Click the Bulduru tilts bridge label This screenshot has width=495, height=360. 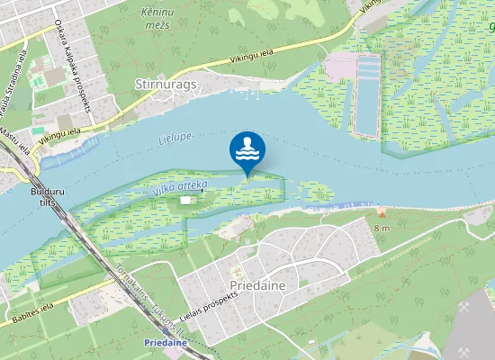pyautogui.click(x=41, y=198)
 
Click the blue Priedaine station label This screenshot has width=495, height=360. pyautogui.click(x=164, y=343)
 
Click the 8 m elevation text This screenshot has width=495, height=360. pyautogui.click(x=382, y=229)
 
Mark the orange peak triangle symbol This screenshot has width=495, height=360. pyautogui.click(x=382, y=213)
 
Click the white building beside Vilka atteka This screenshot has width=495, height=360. pyautogui.click(x=186, y=199)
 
